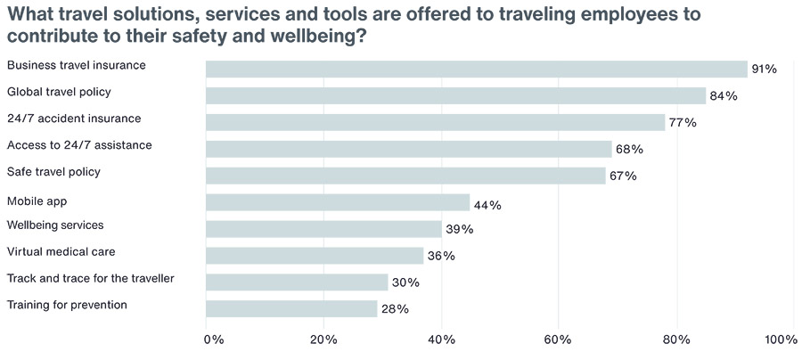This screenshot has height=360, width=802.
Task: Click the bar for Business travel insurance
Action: coord(476,69)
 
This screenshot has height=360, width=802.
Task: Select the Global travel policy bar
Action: coord(455,95)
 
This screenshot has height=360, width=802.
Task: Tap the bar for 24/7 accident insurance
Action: coord(435,122)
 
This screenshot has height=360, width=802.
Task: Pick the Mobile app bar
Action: coord(338,202)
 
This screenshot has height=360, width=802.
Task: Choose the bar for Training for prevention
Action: coord(291,308)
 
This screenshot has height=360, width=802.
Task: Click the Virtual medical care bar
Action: coord(315,256)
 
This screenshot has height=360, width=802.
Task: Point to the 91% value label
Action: coord(765,69)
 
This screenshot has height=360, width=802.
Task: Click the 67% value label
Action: coord(623,176)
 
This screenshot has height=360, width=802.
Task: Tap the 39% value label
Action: coord(459,229)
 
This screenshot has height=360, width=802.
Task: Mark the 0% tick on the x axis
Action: coord(214,340)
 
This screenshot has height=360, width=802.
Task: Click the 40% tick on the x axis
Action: coord(441,340)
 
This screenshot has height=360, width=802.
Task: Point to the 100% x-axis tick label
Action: coord(781,340)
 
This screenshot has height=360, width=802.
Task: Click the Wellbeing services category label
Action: coord(55,225)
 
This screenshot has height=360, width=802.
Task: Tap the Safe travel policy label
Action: coord(53,171)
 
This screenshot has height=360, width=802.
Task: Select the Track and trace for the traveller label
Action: coord(90,278)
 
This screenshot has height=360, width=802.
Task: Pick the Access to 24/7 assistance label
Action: coord(79,144)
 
